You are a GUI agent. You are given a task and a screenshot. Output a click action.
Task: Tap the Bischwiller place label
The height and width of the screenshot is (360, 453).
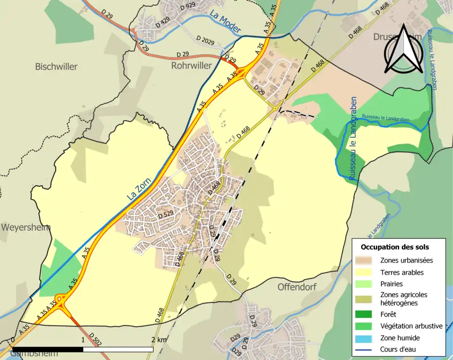point(56,67)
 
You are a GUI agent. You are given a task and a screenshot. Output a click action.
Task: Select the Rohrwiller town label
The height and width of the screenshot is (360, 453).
point(191,66)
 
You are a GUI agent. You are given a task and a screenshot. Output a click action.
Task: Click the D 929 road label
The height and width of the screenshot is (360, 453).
point(187,6)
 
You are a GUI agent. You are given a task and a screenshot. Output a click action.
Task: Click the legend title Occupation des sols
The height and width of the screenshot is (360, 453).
point(394,247)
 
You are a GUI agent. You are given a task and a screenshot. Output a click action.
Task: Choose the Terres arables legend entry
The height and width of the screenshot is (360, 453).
point(402,272)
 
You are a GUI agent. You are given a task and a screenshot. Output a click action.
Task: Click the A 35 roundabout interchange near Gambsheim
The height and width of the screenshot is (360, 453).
point(61,301)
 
